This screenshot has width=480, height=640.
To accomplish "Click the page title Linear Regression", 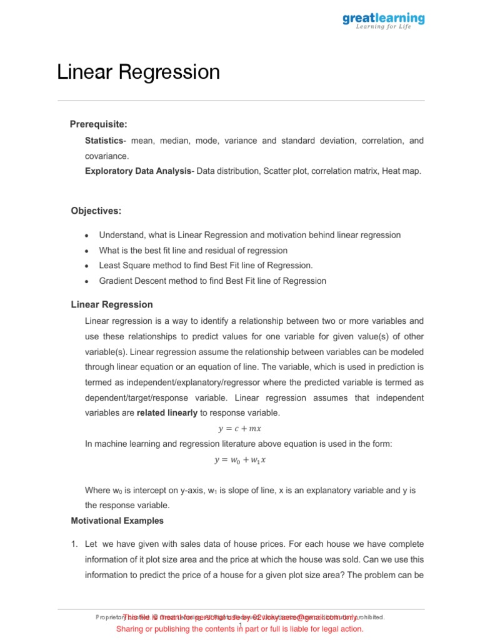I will click(x=138, y=72).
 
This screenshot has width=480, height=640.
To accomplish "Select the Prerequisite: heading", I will click(x=98, y=124).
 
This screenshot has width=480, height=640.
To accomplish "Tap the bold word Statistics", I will click(x=104, y=141).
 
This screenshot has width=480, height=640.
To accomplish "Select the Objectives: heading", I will click(x=96, y=211).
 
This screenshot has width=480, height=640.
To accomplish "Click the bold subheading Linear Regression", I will click(x=112, y=305).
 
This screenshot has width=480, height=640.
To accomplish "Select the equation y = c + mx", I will click(x=239, y=429).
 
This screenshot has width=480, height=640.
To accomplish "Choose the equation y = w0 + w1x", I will click(x=239, y=460).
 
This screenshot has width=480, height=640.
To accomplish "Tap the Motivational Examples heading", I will click(x=117, y=521).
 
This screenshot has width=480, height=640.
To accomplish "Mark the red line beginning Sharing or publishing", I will click(x=239, y=629).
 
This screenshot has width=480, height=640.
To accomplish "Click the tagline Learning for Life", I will click(x=383, y=27).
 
